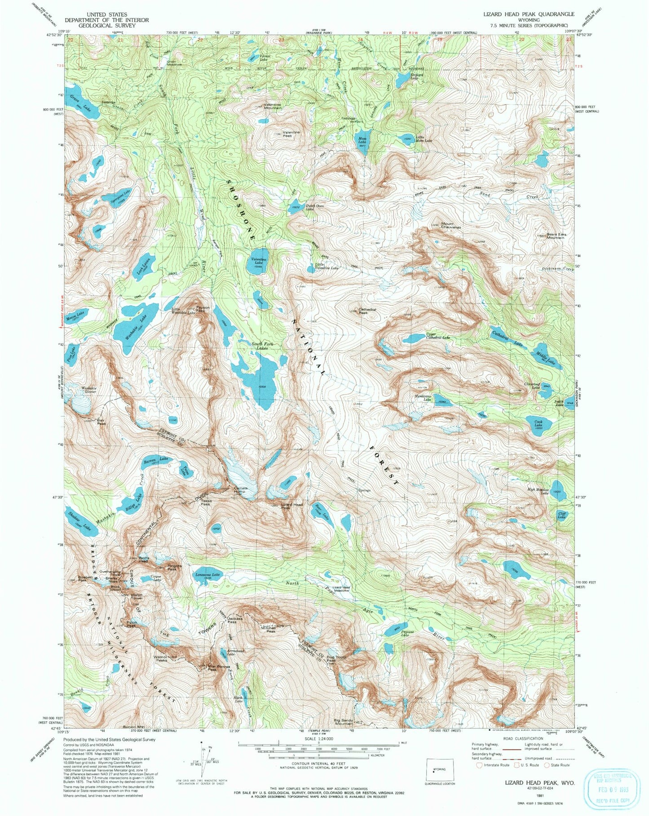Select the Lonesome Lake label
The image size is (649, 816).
pos(207,575)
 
